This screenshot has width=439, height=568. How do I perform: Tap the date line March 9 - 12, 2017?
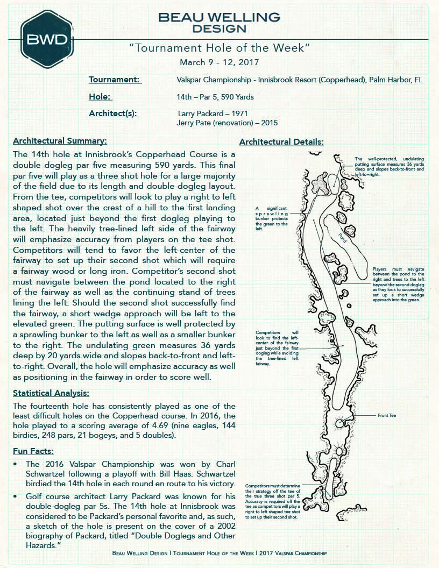(219, 62)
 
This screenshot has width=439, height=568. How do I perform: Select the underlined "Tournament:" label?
(115, 80)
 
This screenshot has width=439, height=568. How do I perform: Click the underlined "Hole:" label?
(100, 97)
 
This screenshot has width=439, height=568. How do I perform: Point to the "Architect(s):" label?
(114, 113)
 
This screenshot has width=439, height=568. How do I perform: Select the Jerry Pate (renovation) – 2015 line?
(227, 123)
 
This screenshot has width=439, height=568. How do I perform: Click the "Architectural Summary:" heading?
(60, 141)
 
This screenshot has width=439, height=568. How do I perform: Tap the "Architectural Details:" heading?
(281, 142)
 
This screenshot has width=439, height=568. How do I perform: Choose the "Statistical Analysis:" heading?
(51, 393)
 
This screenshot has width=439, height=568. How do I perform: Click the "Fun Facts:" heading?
(33, 451)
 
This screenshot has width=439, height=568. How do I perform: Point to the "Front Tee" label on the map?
(386, 416)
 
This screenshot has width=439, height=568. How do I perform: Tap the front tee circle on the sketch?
(339, 424)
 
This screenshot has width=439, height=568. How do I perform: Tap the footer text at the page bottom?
(219, 553)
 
